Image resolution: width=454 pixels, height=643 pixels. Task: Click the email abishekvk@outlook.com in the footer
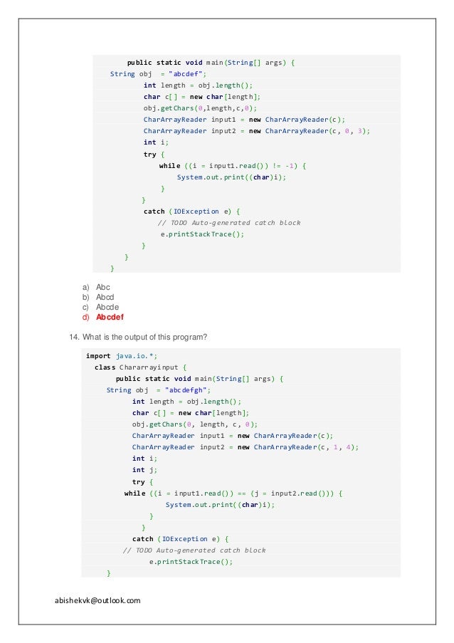click(97, 600)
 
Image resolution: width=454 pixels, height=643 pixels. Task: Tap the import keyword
click(98, 356)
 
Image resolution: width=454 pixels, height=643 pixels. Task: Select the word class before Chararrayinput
click(105, 367)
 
